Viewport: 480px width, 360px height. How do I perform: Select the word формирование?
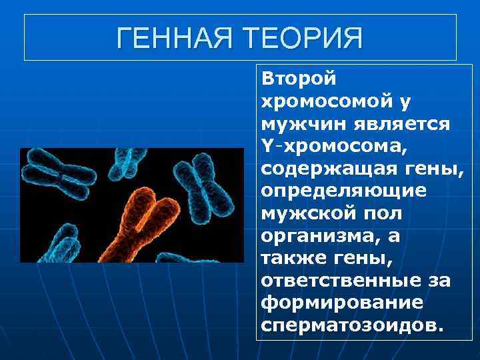(342, 303)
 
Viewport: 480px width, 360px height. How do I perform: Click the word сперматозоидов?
(351, 326)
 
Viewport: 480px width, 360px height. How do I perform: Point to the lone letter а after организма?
(388, 236)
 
